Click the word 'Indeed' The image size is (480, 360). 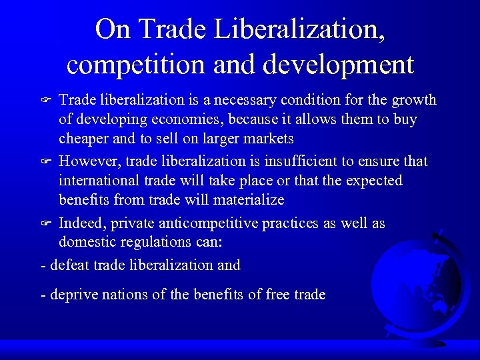pyautogui.click(x=79, y=223)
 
